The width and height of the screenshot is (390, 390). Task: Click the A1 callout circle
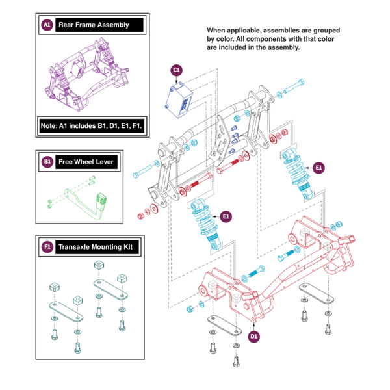46,25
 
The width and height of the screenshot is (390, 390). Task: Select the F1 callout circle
46,247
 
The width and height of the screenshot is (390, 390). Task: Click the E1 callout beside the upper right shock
318,166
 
